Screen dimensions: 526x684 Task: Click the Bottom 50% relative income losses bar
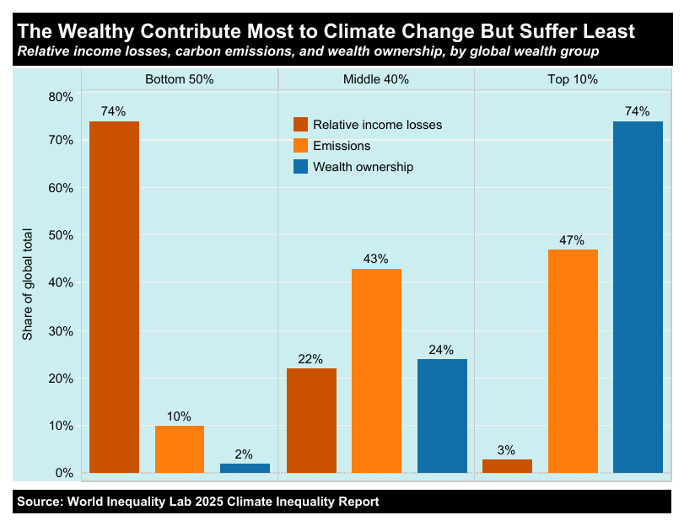114,297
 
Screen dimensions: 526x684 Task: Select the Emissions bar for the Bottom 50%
180,449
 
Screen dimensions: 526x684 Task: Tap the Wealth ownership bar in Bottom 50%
245,468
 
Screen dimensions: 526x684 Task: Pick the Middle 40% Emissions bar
376,371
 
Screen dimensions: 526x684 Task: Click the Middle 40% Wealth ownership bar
442,416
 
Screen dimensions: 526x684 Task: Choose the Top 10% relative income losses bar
507,466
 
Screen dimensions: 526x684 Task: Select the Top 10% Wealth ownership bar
638,297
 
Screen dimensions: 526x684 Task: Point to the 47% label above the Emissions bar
572,240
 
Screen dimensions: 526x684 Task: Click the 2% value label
244,454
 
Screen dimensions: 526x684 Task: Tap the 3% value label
506,450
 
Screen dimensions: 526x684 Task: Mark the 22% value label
310,359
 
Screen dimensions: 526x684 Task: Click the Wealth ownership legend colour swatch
300,167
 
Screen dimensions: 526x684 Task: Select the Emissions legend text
342,146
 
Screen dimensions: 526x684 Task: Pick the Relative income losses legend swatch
300,125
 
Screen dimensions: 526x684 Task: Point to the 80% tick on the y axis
61,97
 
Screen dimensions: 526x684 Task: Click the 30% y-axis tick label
61,331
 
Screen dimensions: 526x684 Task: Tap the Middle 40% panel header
376,80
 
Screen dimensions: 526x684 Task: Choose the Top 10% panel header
573,80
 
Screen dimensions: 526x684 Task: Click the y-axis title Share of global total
27,284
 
